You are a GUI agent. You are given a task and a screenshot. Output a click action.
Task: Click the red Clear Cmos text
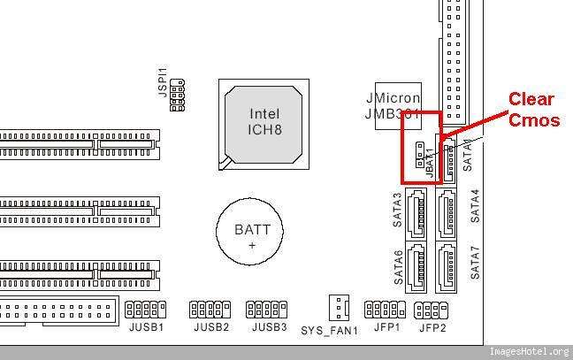(534, 110)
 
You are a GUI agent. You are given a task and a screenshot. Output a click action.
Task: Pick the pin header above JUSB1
(146, 309)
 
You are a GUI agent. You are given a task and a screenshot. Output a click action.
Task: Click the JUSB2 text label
(210, 327)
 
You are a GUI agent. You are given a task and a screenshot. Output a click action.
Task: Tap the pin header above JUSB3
(266, 309)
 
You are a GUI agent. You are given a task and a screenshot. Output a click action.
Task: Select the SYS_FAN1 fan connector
(337, 307)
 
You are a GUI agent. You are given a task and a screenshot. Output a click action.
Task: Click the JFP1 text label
(386, 327)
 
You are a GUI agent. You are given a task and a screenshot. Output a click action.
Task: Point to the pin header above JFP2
(432, 309)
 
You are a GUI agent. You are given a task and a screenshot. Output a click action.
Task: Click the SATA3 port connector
(416, 211)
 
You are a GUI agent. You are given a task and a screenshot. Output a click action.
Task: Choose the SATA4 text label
(475, 205)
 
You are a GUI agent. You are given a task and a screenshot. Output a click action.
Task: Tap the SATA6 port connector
(416, 264)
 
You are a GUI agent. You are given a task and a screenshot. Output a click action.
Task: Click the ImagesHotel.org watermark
(529, 351)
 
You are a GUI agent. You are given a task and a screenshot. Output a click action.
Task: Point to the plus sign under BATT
(251, 245)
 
